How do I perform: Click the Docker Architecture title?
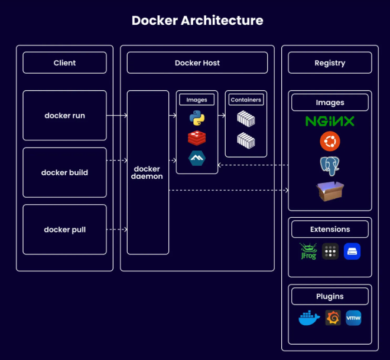point(197,21)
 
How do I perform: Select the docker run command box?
point(64,116)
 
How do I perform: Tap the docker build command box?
point(64,172)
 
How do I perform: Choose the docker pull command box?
point(64,230)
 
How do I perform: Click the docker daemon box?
point(148,172)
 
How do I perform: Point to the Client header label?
point(64,63)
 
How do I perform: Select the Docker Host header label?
point(197,63)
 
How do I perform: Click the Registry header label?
point(330,63)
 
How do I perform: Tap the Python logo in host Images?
point(197,118)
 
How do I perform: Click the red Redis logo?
point(197,138)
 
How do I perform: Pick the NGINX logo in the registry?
point(330,122)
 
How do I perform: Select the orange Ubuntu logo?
point(330,142)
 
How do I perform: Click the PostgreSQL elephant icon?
point(330,166)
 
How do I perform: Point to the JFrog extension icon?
point(308,252)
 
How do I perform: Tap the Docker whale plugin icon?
point(309,319)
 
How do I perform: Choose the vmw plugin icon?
point(353,318)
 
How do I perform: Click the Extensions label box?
point(330,229)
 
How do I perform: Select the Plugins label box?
point(330,296)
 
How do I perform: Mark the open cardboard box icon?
point(330,191)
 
